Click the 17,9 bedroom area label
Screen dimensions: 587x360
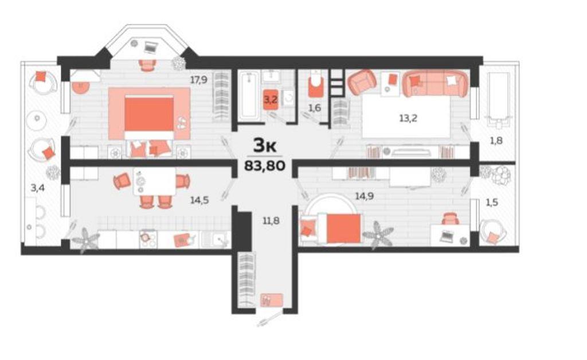pos(199,80)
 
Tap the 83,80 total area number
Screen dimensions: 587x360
pos(265,165)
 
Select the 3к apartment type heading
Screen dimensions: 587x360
pos(265,145)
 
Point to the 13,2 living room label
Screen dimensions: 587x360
pos(408,118)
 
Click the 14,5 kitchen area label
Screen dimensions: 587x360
pos(199,200)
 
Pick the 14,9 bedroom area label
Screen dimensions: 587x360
pos(364,195)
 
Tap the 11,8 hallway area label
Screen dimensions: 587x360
pos(271,221)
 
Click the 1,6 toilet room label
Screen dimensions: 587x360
pos(315,108)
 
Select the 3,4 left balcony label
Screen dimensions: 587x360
pos(37,187)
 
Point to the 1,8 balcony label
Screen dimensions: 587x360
pos(496,140)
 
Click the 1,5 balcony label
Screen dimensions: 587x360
pos(491,202)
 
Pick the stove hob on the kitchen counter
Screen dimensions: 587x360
pos(148,239)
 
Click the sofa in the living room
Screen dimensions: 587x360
pos(436,83)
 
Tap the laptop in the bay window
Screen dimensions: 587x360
pos(151,47)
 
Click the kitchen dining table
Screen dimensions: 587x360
pos(155,181)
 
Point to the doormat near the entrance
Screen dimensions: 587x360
pos(271,300)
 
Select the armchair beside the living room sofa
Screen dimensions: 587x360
pos(362,83)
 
